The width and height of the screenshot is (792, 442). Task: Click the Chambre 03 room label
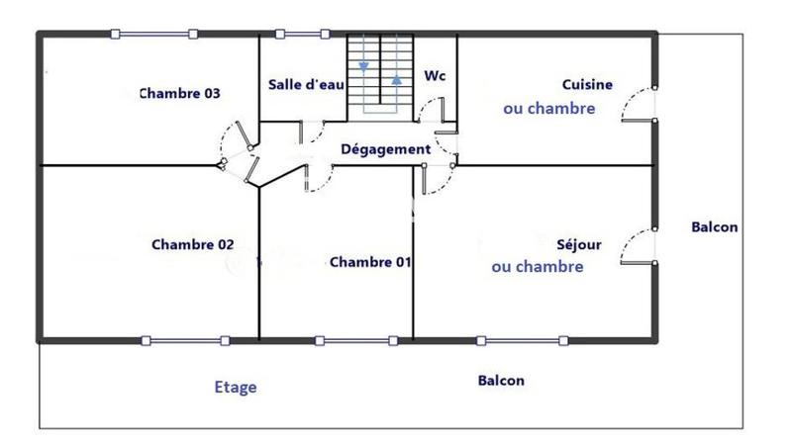click(179, 94)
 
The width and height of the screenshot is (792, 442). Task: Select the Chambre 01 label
click(370, 262)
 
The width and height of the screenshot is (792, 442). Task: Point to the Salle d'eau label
click(306, 85)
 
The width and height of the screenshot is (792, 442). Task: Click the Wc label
click(434, 75)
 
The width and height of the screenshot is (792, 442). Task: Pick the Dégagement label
click(386, 149)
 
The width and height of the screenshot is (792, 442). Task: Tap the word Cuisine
click(587, 85)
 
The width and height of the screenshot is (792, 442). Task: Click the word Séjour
click(579, 243)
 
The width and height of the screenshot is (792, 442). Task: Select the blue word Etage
click(236, 388)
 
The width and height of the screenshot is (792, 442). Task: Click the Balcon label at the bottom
click(501, 381)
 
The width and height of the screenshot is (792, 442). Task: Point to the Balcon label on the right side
click(714, 227)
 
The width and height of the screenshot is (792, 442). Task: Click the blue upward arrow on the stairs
click(397, 78)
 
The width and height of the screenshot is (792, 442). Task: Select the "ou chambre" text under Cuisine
click(549, 109)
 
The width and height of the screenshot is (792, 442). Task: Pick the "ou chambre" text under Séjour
click(538, 267)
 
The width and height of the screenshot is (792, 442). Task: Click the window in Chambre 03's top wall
click(153, 35)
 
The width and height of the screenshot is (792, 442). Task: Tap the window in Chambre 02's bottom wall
click(186, 341)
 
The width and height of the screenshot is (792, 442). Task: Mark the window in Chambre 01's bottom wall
click(358, 341)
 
